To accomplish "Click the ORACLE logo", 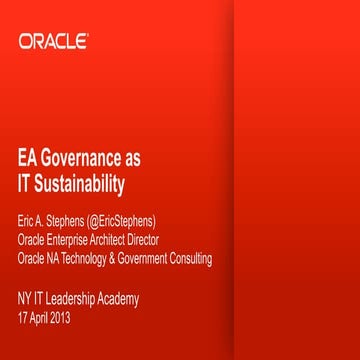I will click(x=53, y=41).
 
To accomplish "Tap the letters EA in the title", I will click(x=29, y=159).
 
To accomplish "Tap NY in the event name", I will click(x=24, y=299).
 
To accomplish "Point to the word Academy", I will click(x=120, y=299).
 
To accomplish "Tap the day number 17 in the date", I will click(x=23, y=318).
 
